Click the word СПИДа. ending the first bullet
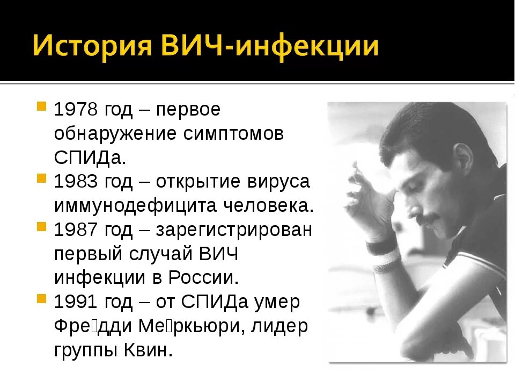tap(90, 157)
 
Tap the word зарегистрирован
tap(234, 230)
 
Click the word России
tap(203, 278)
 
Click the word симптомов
tap(233, 133)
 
